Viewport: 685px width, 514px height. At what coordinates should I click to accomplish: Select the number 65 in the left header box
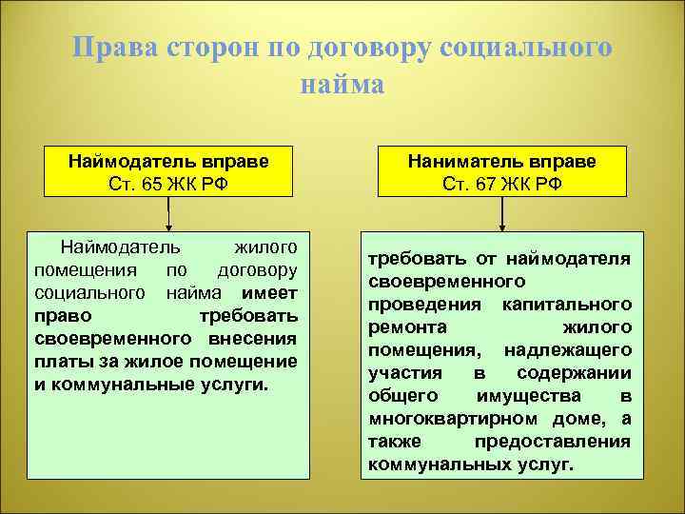153,183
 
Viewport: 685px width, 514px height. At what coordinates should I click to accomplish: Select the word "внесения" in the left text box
253,339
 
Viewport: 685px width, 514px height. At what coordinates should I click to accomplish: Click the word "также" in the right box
392,442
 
